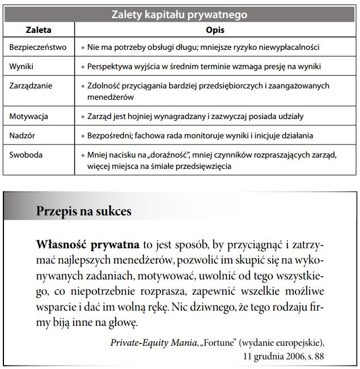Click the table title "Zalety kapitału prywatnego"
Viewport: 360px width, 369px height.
pyautogui.click(x=179, y=14)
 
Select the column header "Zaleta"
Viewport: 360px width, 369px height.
pyautogui.click(x=39, y=29)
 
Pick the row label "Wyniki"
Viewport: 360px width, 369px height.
pyautogui.click(x=22, y=67)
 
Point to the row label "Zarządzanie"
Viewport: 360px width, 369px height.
pyautogui.click(x=32, y=86)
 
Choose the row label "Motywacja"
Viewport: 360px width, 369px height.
pyautogui.click(x=29, y=117)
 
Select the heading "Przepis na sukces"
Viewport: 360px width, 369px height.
pyautogui.click(x=84, y=211)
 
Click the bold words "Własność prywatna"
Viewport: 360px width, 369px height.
pyautogui.click(x=88, y=245)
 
